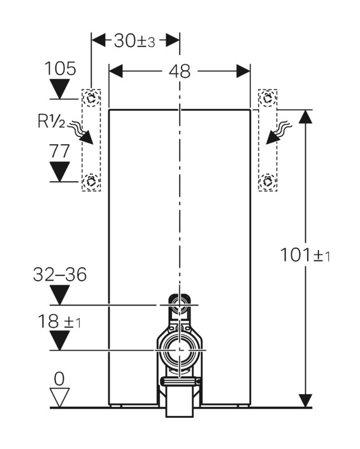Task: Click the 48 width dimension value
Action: coord(180,71)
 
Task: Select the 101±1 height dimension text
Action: coord(305,255)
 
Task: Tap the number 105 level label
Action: coord(61,68)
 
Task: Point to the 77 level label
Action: coord(61,151)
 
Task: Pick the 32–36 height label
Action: coord(60,275)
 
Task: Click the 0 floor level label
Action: coord(59,378)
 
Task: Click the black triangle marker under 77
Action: coord(61,172)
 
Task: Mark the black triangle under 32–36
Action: coord(60,295)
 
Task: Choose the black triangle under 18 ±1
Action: coord(60,341)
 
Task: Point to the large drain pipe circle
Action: coord(180,351)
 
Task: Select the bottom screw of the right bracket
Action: coord(269,180)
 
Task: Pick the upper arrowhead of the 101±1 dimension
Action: coord(306,117)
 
